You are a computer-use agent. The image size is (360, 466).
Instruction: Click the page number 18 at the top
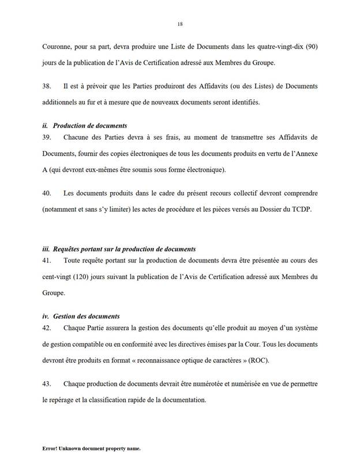coord(180,24)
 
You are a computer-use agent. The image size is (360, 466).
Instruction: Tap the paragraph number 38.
coord(47,85)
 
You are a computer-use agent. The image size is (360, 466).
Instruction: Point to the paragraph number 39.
coord(47,139)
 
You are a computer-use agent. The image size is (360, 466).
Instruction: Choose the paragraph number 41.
coord(47,261)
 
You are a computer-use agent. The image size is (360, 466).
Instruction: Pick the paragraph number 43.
coord(47,384)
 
